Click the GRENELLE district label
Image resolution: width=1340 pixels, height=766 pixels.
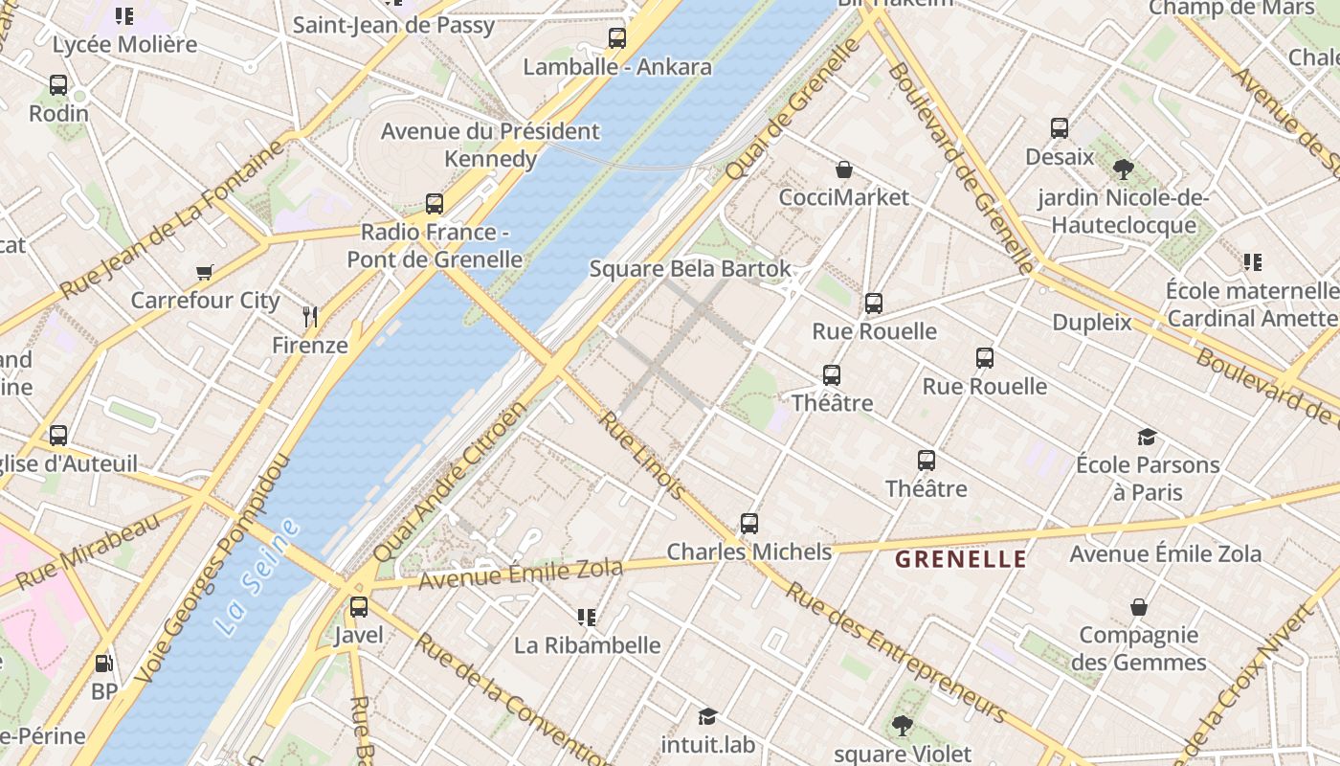point(960,559)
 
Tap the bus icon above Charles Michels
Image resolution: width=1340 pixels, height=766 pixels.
point(749,524)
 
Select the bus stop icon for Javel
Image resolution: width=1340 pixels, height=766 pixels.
point(359,606)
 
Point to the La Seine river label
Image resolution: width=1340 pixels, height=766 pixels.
point(256,577)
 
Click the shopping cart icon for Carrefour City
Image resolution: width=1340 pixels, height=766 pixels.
point(204,272)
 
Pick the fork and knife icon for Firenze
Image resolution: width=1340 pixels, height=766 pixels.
point(309,316)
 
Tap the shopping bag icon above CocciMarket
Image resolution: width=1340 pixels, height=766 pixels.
point(844,169)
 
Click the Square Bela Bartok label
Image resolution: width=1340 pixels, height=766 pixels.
point(690,269)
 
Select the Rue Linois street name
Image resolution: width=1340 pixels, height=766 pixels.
point(641,455)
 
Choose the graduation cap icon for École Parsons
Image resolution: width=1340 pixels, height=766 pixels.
point(1147,438)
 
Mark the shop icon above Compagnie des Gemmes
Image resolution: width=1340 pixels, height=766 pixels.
point(1139,607)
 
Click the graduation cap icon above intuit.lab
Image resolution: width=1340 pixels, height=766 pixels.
point(708,716)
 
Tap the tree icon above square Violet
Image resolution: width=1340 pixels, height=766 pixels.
point(902,725)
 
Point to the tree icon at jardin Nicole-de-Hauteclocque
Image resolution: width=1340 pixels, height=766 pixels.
point(1124,169)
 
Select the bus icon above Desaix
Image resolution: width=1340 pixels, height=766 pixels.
point(1060,127)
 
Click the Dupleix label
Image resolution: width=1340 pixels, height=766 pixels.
point(1092,322)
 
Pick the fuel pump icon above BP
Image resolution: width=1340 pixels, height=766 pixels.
point(103,663)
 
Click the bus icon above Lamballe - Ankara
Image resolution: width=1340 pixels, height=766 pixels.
point(617,38)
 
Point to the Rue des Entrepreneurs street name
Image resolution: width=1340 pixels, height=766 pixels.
point(895,651)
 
